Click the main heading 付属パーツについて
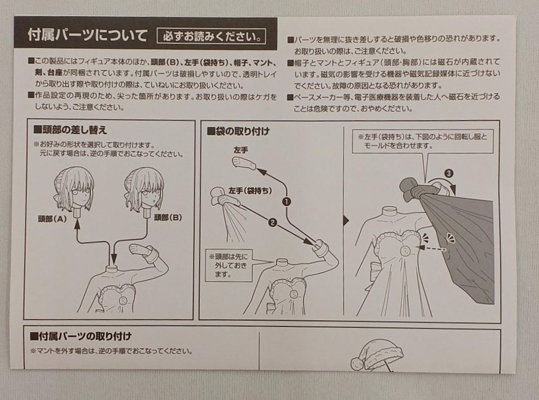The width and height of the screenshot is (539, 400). (x=87, y=36)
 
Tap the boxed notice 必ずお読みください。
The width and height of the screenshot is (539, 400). (x=211, y=37)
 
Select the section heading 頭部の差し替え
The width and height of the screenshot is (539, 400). (x=70, y=130)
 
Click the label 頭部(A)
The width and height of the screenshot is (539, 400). (x=53, y=219)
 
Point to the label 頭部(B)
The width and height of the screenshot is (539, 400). (x=168, y=217)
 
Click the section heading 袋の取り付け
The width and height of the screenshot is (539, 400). (x=238, y=132)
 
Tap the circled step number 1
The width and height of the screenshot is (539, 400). (x=287, y=201)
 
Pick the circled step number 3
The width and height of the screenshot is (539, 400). (x=448, y=174)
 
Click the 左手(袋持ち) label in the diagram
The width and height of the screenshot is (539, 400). (x=250, y=191)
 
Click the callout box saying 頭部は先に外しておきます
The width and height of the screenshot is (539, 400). (x=228, y=265)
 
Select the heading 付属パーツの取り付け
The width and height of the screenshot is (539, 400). (x=81, y=336)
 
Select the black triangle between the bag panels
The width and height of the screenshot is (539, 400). (x=347, y=221)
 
